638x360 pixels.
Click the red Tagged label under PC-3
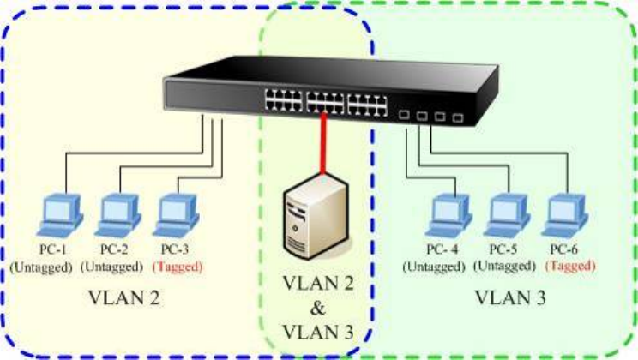(x=178, y=266)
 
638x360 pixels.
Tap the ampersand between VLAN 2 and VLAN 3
(x=319, y=308)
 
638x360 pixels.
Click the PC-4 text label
(x=443, y=249)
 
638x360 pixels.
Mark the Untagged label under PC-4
(x=436, y=266)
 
